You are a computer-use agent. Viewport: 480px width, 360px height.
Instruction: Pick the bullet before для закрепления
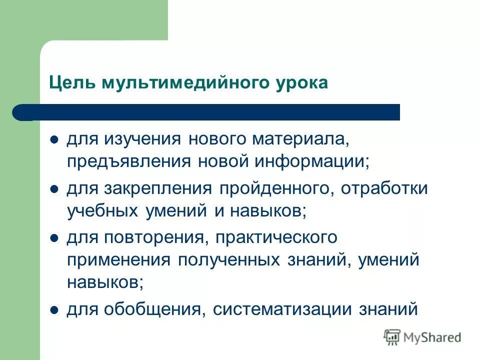tap(55, 189)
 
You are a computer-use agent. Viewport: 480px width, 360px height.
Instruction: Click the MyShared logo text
tap(432, 337)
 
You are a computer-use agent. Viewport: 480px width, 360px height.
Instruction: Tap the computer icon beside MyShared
tap(392, 337)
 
